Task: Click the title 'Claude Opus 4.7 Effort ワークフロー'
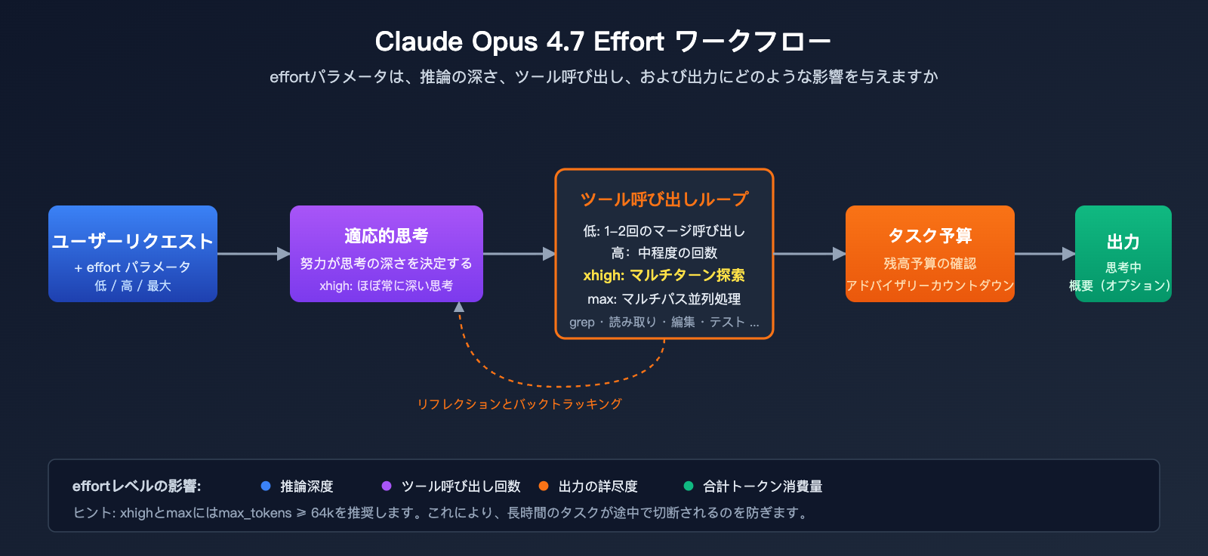tap(602, 42)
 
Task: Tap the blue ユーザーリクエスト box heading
tap(133, 241)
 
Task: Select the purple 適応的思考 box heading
tap(386, 236)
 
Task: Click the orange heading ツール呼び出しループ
tap(664, 199)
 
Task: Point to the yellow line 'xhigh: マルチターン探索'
tap(664, 276)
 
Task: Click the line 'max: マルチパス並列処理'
tap(664, 299)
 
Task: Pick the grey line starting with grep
tap(664, 323)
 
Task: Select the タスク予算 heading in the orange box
tap(929, 236)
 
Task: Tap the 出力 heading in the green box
tap(1123, 242)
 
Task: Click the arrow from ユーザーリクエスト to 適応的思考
tap(253, 254)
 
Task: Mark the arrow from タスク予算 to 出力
tap(1044, 254)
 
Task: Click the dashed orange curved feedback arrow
tap(559, 385)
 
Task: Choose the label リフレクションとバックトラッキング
tap(519, 404)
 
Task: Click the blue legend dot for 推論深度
tap(266, 486)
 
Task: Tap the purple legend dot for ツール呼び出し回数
tap(387, 486)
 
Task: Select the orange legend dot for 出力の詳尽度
tap(544, 486)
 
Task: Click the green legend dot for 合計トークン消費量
tap(689, 486)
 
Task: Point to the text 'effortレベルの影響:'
tap(137, 486)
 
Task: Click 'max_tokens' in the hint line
tap(254, 513)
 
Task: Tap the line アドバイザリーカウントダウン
tap(929, 286)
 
